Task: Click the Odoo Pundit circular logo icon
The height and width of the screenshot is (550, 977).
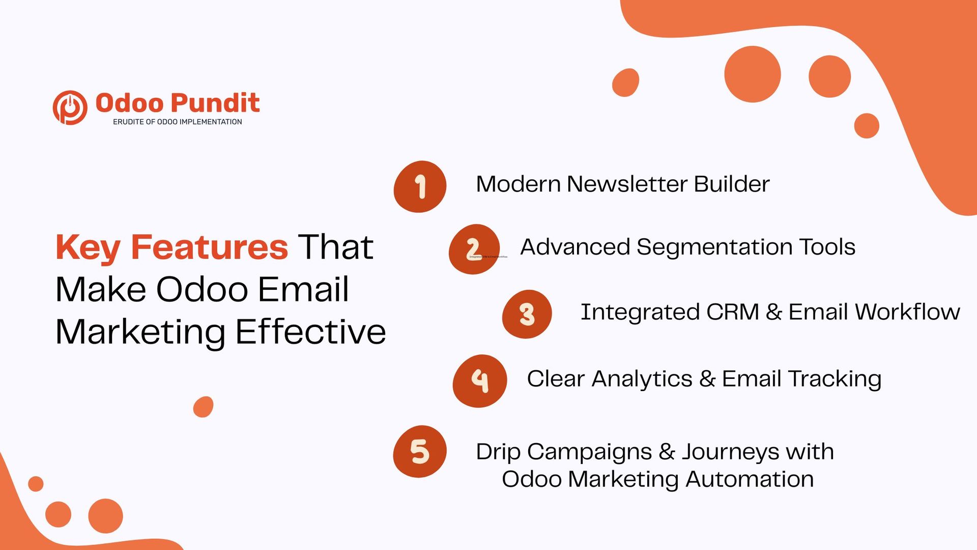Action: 70,107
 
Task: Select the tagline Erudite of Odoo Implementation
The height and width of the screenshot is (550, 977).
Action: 177,122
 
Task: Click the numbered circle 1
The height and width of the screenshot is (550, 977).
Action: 420,186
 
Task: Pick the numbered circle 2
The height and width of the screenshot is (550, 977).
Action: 473,249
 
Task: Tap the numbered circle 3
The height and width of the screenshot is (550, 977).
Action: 527,314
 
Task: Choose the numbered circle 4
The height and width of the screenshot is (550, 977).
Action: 479,380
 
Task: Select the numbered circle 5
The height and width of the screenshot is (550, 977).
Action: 420,451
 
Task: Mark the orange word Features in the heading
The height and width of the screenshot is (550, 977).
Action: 209,247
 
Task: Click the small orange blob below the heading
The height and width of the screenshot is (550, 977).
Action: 203,407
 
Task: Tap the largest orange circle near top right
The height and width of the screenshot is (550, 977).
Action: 752,74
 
